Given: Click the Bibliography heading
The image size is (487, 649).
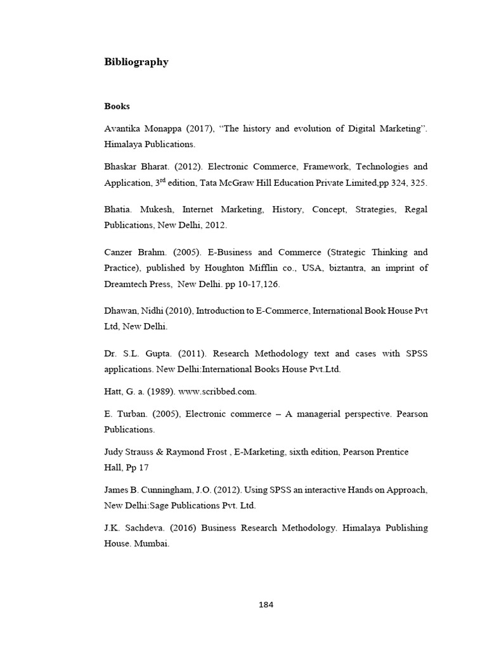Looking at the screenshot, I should [136, 62].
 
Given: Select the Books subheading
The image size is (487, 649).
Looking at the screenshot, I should [117, 106].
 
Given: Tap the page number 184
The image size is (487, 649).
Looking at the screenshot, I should [266, 604].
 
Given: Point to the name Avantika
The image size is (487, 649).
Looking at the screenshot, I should [124, 129].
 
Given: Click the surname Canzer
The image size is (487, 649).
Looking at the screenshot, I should [119, 252].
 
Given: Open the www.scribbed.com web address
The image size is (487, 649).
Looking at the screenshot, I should [215, 392].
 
